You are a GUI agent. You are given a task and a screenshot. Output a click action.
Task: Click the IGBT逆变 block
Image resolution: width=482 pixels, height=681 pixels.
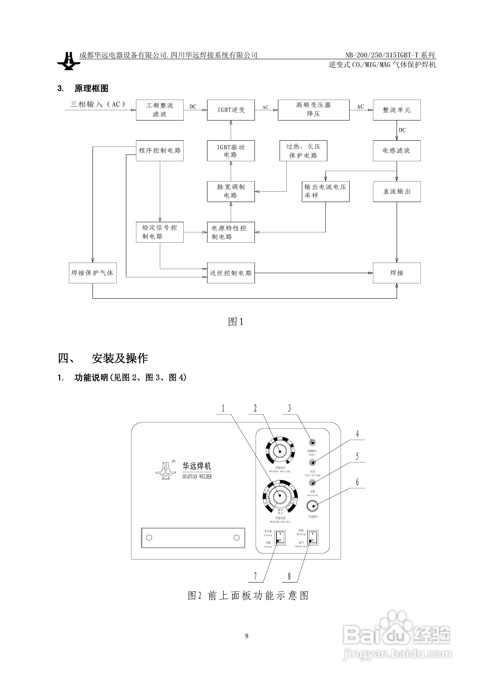[231, 110]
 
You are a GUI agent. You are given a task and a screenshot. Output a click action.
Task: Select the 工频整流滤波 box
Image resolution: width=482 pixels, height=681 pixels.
[160, 110]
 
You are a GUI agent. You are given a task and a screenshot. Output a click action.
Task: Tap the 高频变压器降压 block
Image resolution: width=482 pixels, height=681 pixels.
[313, 110]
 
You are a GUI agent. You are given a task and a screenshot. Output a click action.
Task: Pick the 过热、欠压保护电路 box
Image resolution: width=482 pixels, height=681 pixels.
[303, 151]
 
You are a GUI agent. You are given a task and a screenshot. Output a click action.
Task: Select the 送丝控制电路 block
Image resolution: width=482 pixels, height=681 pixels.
[231, 273]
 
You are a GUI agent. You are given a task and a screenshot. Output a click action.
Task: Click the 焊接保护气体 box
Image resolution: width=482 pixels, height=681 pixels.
[93, 273]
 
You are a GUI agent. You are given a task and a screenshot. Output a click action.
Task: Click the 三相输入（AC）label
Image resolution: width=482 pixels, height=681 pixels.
[98, 104]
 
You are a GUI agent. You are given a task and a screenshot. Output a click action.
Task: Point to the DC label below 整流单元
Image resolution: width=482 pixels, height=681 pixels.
[402, 130]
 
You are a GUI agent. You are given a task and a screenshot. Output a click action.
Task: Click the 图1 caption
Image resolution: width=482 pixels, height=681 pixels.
[236, 321]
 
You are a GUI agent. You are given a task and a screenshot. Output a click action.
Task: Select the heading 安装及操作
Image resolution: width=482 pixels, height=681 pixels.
[119, 358]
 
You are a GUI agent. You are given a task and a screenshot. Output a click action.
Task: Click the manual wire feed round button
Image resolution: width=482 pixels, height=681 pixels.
[312, 506]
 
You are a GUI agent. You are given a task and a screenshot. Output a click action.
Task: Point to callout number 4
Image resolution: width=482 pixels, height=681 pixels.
[357, 434]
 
